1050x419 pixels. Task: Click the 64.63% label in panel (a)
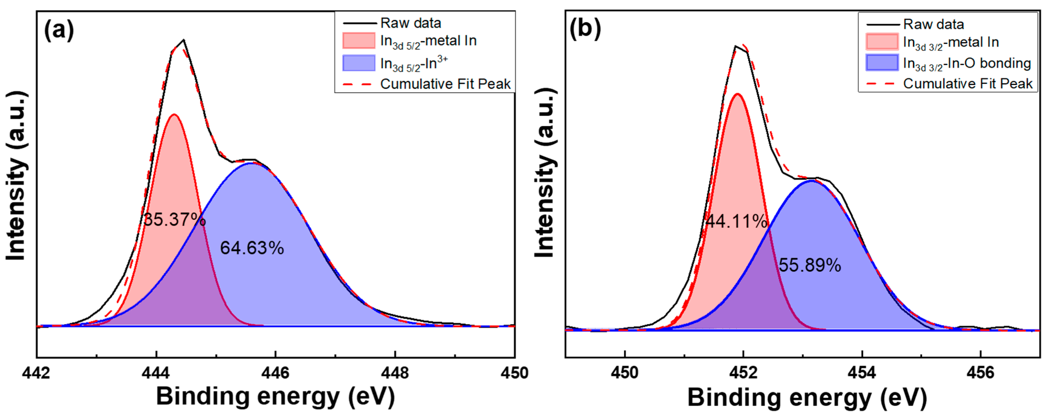point(252,248)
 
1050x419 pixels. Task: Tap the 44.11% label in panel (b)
point(736,222)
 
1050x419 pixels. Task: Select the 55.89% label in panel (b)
point(809,265)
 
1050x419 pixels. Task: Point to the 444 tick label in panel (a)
point(156,372)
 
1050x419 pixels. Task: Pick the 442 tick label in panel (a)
point(37,372)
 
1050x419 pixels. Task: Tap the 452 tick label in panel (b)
point(743,372)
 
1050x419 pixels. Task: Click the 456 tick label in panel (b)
point(980,372)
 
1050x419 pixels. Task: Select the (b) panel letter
point(585,29)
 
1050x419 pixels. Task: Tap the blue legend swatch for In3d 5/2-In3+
point(359,63)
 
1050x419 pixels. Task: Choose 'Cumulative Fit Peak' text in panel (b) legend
point(968,84)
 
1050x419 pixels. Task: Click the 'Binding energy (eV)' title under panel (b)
point(807,397)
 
